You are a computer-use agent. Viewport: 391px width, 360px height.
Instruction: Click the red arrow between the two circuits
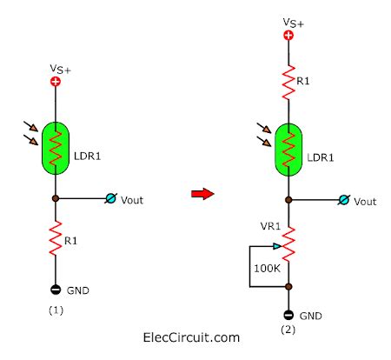tap(202, 194)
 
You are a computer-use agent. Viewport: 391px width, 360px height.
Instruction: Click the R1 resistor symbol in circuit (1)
tap(56, 237)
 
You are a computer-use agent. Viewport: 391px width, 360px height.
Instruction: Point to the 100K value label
tap(267, 269)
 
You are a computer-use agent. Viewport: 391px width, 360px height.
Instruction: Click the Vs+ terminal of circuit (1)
tap(56, 82)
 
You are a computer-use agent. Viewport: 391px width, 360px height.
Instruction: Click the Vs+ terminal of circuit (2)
tap(288, 36)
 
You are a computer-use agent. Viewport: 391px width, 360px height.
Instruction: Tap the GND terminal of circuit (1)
tap(56, 290)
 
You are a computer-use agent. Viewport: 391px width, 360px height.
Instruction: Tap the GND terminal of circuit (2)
tap(288, 315)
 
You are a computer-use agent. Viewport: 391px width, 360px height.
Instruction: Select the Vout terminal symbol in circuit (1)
tap(110, 199)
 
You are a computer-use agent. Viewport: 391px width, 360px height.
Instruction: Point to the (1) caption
tap(56, 309)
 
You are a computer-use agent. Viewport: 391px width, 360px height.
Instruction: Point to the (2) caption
tap(289, 331)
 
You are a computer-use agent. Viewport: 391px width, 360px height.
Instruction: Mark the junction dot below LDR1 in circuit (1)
tap(56, 199)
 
